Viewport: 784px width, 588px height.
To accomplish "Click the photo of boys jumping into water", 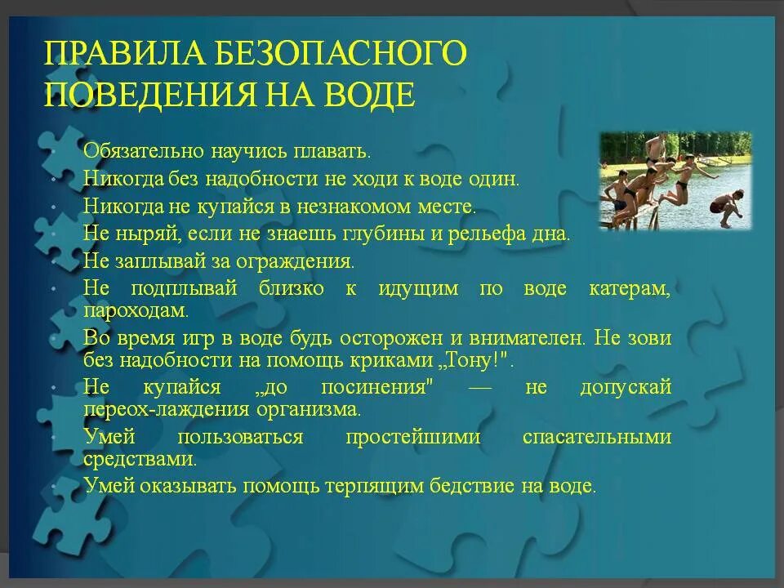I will pyautogui.click(x=675, y=181).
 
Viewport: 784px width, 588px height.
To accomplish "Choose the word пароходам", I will pyautogui.click(x=136, y=310).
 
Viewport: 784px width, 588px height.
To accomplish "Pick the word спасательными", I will pyautogui.click(x=596, y=436).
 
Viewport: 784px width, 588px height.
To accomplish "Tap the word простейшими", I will pyautogui.click(x=412, y=436).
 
